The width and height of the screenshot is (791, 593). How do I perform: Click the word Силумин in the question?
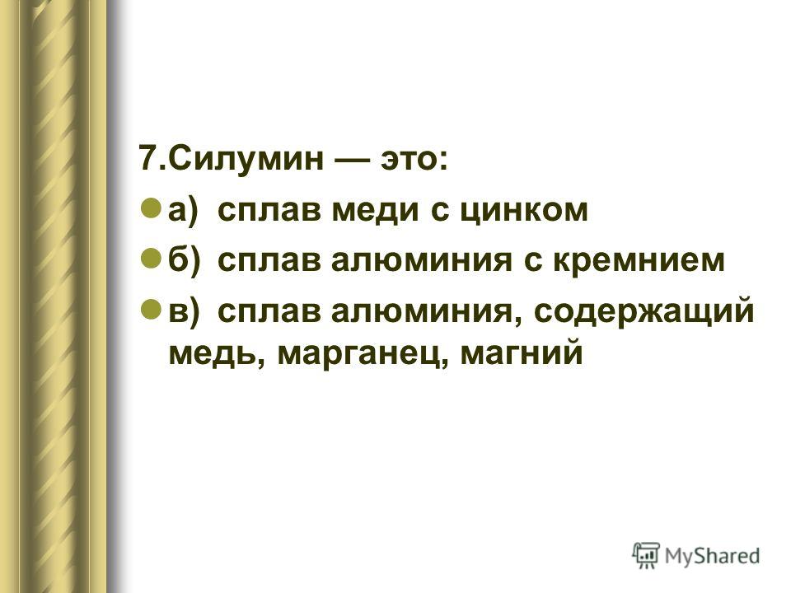246,158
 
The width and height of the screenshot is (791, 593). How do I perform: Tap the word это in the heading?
410,159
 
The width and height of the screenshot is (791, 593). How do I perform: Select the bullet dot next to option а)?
149,208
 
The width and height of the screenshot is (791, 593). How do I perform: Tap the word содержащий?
644,311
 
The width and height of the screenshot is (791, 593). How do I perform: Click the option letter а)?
184,210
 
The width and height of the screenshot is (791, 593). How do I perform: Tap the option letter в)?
184,311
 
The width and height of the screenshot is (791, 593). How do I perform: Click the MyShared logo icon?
646,555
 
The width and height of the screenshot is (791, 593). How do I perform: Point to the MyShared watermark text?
712,556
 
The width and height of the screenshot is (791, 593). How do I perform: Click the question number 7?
147,158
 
